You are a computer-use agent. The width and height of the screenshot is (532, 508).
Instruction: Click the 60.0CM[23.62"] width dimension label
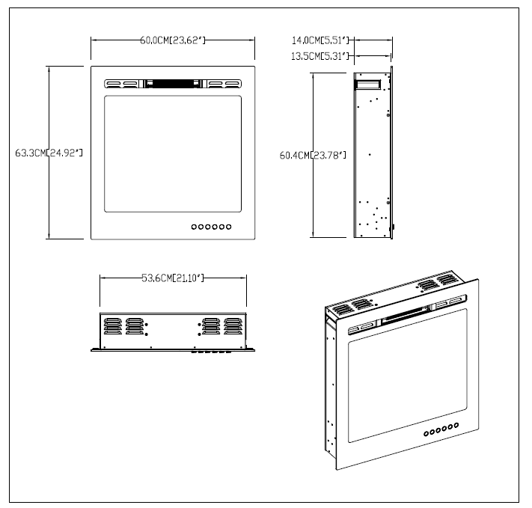pyautogui.click(x=172, y=40)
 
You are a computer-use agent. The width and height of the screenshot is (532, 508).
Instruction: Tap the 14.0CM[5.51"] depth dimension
pyautogui.click(x=321, y=40)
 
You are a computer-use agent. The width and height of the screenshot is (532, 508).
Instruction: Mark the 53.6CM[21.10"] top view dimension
pyautogui.click(x=173, y=279)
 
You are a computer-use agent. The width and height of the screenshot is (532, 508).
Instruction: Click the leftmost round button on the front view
pyautogui.click(x=195, y=225)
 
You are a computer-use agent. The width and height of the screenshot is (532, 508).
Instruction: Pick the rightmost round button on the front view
pyautogui.click(x=229, y=225)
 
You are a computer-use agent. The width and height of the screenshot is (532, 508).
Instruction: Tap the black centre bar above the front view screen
pyautogui.click(x=173, y=84)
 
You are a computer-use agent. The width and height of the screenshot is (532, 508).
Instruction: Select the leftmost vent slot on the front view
pyautogui.click(x=114, y=84)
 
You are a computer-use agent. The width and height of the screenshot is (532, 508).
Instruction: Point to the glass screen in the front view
pyautogui.click(x=173, y=153)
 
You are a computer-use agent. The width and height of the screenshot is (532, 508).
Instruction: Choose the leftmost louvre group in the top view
pyautogui.click(x=112, y=326)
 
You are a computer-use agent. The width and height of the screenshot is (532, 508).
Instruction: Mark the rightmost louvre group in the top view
pyautogui.click(x=233, y=326)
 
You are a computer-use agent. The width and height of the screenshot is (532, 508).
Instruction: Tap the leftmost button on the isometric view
pyautogui.click(x=425, y=435)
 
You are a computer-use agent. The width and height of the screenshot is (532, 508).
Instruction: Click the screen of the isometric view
pyautogui.click(x=409, y=382)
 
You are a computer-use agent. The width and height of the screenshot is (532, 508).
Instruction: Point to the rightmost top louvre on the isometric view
pyautogui.click(x=447, y=280)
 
